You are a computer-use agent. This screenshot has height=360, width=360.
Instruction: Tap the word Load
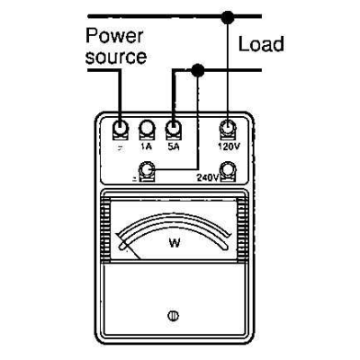click(260, 43)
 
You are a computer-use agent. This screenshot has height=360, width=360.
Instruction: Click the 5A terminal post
click(175, 128)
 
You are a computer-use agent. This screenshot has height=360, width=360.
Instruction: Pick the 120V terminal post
click(229, 128)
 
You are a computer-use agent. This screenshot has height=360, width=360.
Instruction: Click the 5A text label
click(174, 145)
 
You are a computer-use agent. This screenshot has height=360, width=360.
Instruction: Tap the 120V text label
click(229, 145)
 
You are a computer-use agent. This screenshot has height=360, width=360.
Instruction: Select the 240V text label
click(208, 177)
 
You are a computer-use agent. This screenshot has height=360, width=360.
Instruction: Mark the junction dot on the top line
click(229, 15)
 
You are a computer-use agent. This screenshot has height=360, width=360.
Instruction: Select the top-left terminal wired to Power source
click(120, 128)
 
